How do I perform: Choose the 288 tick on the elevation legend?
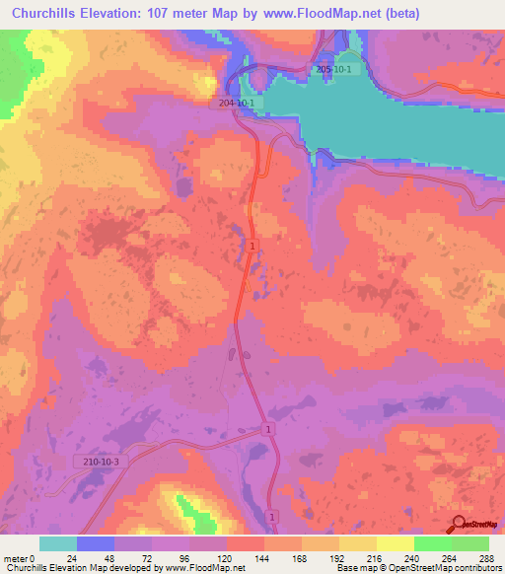485,557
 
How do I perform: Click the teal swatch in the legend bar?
58,543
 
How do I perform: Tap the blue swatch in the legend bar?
96,543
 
